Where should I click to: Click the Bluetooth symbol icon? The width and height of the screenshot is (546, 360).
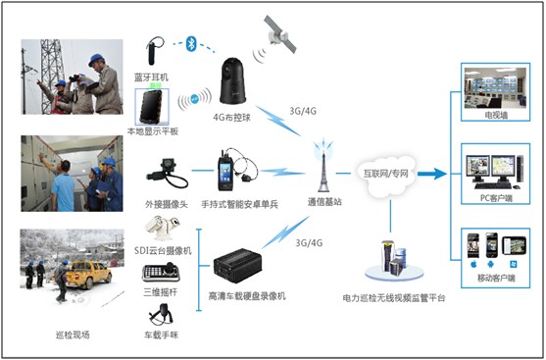191,43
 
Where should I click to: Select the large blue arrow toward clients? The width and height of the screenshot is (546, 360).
428,173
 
